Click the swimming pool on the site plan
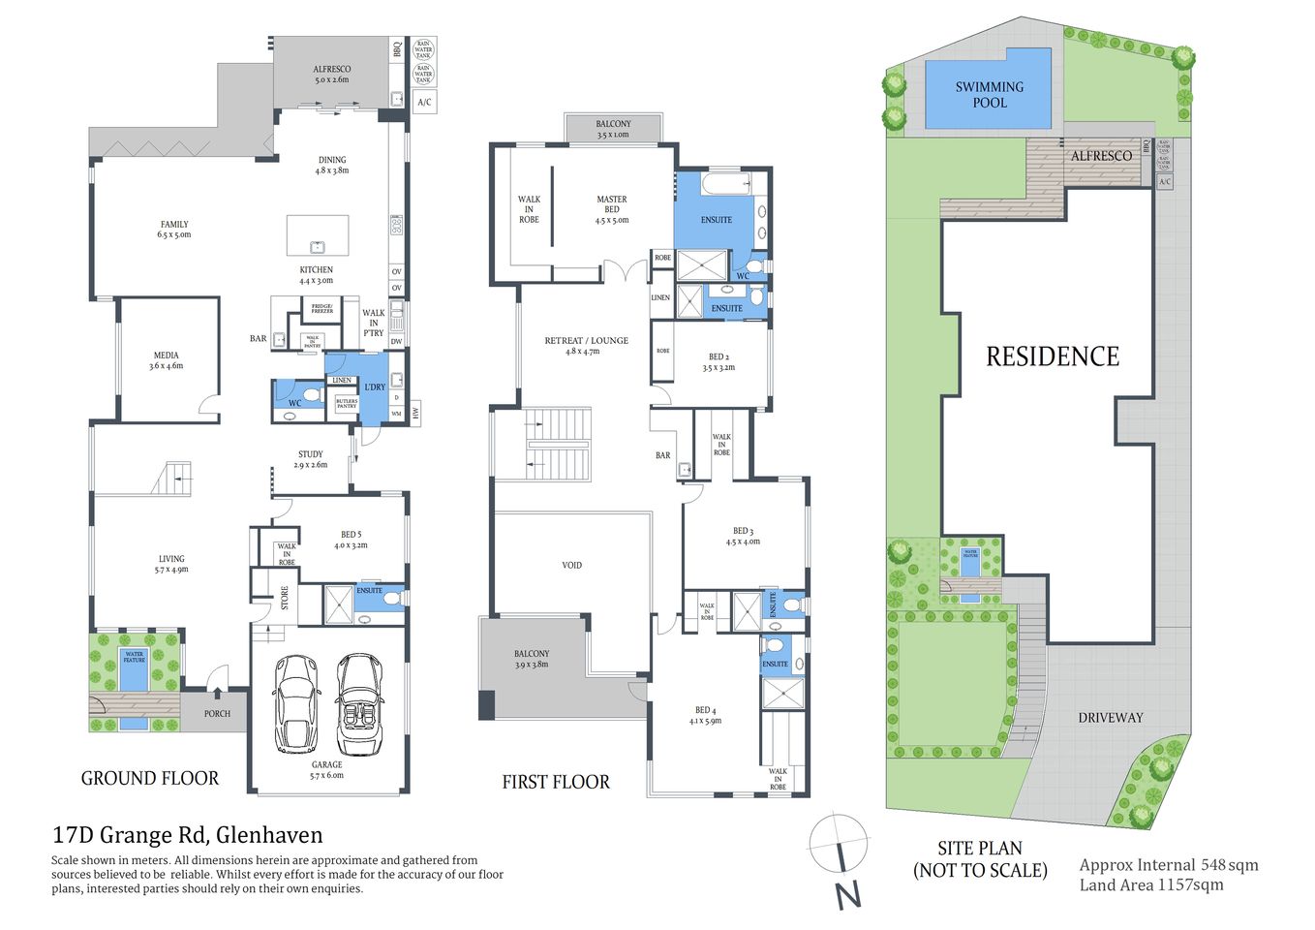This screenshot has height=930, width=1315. [989, 89]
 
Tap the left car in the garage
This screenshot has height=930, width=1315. [295, 703]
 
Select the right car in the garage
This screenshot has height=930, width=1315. [359, 704]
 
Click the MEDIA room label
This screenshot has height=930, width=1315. [166, 356]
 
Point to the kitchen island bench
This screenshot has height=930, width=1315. [318, 235]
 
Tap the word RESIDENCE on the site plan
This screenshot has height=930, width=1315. [1052, 356]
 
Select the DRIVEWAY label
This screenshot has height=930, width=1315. [1110, 718]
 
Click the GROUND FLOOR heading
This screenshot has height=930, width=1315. [149, 778]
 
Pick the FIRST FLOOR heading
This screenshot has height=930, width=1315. [555, 782]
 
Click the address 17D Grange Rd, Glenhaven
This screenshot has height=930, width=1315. [187, 835]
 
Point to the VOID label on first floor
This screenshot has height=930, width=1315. [571, 565]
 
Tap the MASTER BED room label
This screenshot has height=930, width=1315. [611, 204]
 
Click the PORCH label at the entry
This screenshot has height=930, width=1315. [217, 714]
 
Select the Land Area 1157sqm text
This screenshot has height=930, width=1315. [1150, 884]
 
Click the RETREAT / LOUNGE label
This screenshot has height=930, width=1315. [586, 341]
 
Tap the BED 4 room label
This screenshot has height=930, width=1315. [705, 711]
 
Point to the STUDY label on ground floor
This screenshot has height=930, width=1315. [310, 454]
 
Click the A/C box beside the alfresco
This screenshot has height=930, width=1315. [424, 102]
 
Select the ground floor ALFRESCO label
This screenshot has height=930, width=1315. [331, 70]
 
